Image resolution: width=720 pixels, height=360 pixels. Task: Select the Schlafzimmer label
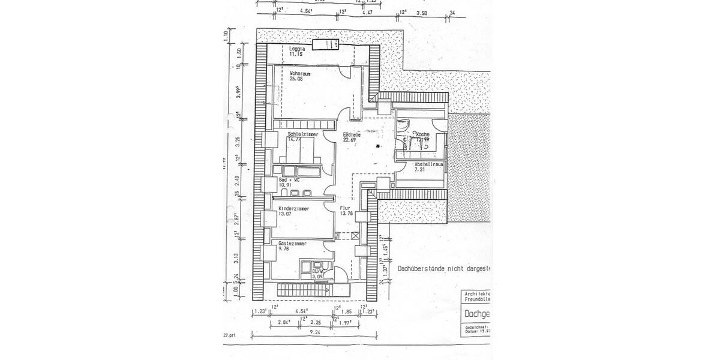[x=302, y=134]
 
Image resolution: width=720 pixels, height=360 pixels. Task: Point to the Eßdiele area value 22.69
[x=350, y=140]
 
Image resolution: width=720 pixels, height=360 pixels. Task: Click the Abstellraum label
[x=428, y=163]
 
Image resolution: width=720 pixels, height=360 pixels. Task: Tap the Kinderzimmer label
[x=294, y=208]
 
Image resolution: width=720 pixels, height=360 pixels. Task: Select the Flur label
[x=344, y=208]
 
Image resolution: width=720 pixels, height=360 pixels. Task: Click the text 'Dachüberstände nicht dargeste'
[x=444, y=269]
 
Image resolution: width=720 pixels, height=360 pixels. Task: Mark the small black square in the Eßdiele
[x=378, y=146]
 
